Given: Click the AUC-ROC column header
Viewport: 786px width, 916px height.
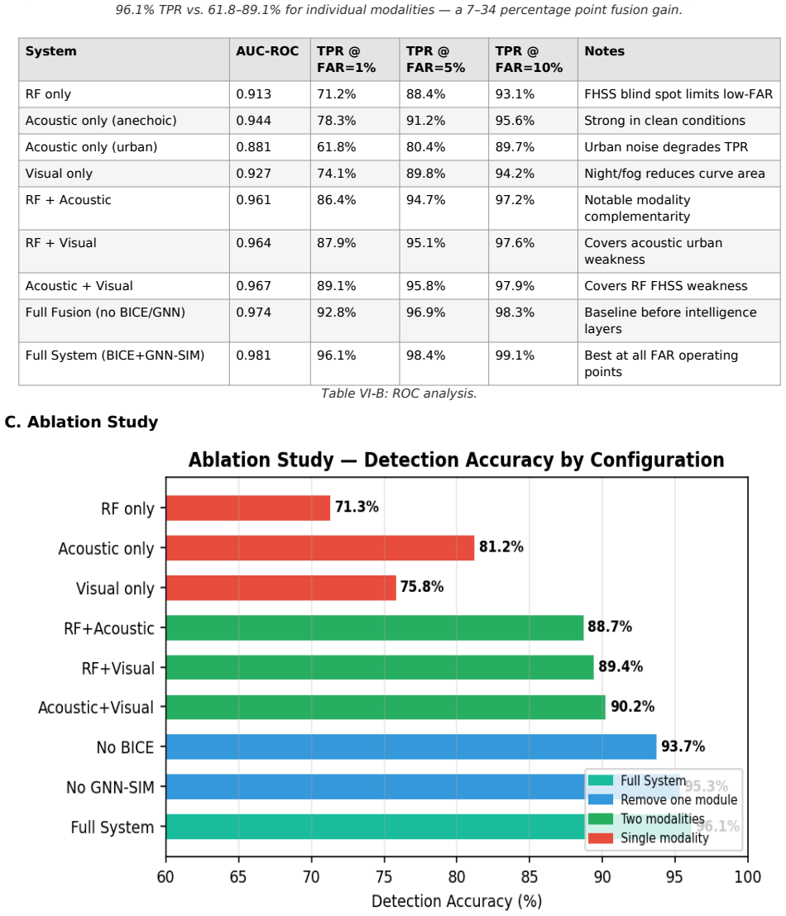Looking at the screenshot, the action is pos(267,51).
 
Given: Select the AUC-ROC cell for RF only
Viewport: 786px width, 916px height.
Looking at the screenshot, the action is pos(254,94).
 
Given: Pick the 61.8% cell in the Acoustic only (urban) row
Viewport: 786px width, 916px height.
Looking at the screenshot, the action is pos(336,147).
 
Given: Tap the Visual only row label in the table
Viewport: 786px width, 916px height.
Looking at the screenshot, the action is pos(59,174).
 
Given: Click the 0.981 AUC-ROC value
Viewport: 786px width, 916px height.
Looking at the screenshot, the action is pos(254,355).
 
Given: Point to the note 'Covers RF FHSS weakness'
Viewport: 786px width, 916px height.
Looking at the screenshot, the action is pos(665,286).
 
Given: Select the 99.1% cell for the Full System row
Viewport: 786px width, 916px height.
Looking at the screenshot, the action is pos(515,355).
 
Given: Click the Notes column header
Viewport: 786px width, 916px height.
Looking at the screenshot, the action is pos(605,51).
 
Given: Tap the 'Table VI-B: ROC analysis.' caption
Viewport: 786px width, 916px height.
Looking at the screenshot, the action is pos(399,394).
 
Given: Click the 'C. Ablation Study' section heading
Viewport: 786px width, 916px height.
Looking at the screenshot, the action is pos(81,422).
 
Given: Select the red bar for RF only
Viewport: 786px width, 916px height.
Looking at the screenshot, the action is pos(248,508).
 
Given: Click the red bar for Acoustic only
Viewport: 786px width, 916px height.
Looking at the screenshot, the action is pos(320,548).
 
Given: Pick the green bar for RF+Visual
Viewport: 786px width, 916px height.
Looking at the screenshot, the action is pos(380,667).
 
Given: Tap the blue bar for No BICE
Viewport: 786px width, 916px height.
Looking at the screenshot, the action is pos(411,747).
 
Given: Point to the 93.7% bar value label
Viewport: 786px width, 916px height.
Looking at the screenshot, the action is pos(683,746).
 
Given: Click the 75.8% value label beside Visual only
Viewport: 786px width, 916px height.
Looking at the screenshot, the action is pos(422,586).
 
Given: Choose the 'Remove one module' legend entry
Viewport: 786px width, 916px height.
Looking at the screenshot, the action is pos(663,799).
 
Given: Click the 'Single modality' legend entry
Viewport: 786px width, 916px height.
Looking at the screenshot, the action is pos(649,838).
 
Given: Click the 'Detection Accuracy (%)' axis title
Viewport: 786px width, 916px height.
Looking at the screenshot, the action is pos(457,901).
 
